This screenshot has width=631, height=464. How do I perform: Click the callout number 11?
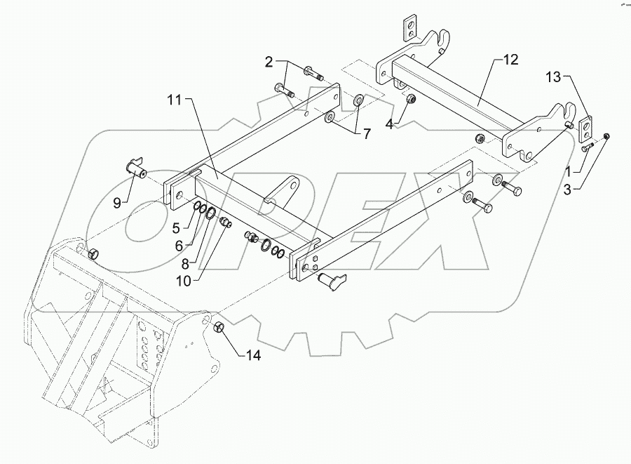click(x=173, y=101)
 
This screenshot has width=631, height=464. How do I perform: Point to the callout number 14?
click(x=253, y=356)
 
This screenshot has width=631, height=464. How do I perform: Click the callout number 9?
click(x=177, y=227)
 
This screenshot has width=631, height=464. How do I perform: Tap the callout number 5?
click(x=177, y=227)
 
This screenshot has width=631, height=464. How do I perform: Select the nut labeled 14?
click(x=218, y=328)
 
